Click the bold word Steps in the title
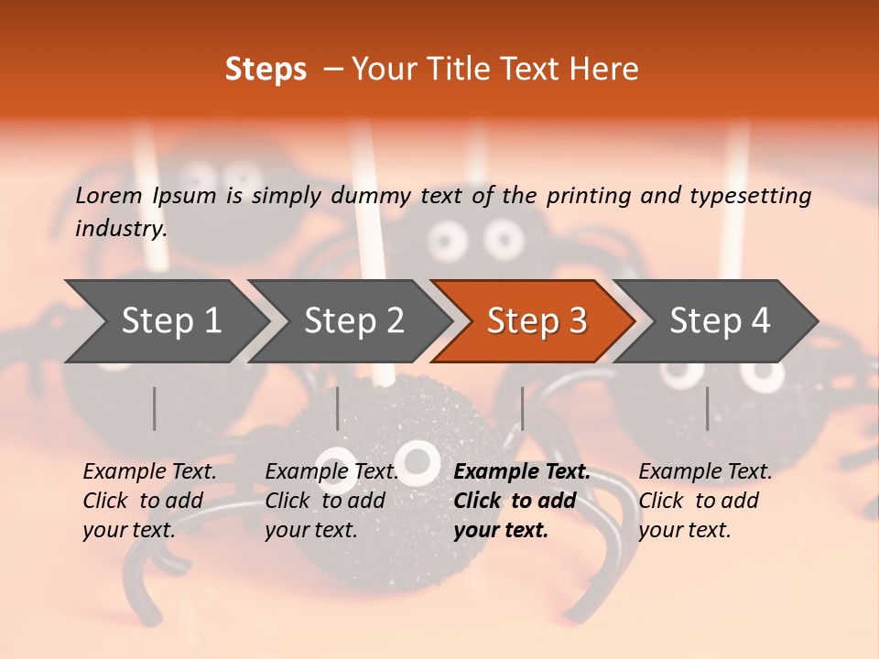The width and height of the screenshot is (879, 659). tap(266, 70)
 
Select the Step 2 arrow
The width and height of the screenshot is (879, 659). tap(353, 320)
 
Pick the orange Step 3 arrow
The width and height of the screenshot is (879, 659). tap(537, 320)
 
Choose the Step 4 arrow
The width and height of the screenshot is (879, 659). tap(720, 320)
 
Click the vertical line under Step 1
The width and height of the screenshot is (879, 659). tap(155, 408)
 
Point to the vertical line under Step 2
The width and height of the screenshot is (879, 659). tap(338, 408)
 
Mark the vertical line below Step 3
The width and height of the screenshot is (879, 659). tap(522, 408)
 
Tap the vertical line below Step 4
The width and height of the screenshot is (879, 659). tap(707, 408)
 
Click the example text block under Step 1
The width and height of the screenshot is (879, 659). tap(149, 501)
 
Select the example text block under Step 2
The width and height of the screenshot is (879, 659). tap(331, 501)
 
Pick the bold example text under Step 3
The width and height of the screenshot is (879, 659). tap(522, 501)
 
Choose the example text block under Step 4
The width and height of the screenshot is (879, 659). tap(705, 501)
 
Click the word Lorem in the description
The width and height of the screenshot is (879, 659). tap(109, 195)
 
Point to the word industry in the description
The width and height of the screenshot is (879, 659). tap(121, 228)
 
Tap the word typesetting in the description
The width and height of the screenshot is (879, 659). tap(757, 195)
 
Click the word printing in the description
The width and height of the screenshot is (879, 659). tap(586, 195)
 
